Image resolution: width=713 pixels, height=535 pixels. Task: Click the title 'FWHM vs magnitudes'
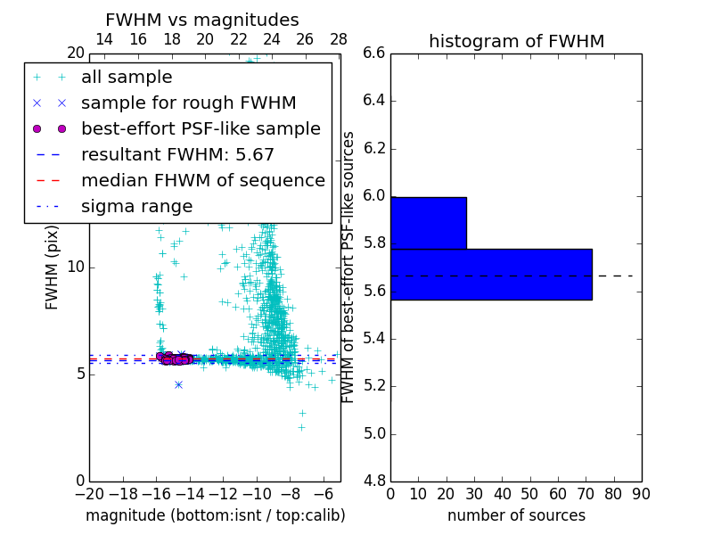(x=202, y=20)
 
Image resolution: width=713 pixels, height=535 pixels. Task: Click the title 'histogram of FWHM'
(x=516, y=41)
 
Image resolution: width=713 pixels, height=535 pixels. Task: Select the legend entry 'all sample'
(x=127, y=78)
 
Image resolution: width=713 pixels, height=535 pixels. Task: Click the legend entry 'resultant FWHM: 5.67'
(x=177, y=155)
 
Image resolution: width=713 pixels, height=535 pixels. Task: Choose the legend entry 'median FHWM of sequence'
(x=202, y=181)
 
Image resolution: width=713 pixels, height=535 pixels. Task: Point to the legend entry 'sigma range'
(x=136, y=207)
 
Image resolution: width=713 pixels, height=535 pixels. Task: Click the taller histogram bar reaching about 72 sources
(x=491, y=274)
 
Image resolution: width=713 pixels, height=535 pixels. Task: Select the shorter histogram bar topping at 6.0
(x=429, y=222)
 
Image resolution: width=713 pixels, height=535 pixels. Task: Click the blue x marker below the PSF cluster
(x=178, y=384)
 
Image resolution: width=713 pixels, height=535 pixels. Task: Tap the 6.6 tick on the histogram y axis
(x=373, y=53)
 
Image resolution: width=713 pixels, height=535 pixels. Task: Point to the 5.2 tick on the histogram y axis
(x=373, y=386)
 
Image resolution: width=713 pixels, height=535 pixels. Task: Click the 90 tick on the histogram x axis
(x=641, y=494)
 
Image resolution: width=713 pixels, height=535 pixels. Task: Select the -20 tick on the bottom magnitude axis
(x=89, y=494)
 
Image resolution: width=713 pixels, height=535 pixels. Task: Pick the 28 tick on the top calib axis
(x=339, y=39)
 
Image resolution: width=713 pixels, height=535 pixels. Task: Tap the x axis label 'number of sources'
(x=516, y=515)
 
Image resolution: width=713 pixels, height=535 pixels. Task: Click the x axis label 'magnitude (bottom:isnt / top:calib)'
(x=215, y=515)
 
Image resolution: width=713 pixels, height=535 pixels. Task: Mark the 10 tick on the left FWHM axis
(x=76, y=267)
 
